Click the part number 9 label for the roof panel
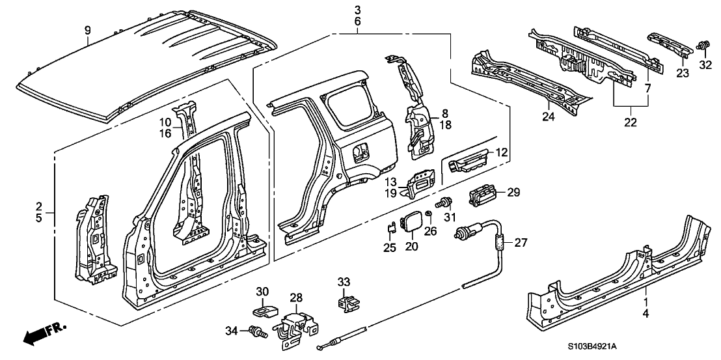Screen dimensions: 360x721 tap(88, 30)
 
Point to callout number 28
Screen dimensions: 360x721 tap(296, 297)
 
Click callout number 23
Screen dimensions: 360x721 tap(681, 74)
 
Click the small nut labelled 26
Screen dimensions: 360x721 tap(429, 214)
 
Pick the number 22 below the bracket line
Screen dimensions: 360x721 tap(630, 122)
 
